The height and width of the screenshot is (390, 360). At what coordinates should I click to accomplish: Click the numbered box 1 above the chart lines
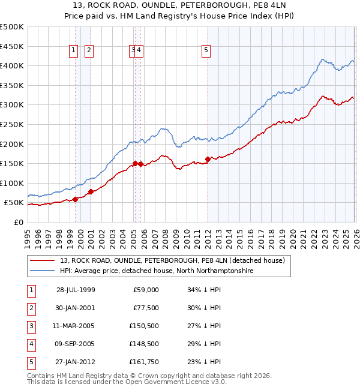click(74, 51)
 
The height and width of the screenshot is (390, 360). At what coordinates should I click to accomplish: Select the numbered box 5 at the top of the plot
click(206, 51)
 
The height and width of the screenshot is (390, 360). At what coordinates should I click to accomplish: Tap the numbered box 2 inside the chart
click(89, 51)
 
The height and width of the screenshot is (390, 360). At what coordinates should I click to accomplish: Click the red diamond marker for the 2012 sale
click(208, 159)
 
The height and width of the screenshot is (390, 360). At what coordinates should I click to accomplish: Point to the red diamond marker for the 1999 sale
click(75, 199)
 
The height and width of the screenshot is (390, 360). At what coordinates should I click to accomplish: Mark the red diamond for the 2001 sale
click(91, 192)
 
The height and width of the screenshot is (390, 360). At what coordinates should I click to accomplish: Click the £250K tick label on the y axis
click(12, 124)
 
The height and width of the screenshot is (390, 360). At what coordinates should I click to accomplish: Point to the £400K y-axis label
click(12, 65)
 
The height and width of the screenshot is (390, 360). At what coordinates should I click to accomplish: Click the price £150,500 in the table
click(144, 325)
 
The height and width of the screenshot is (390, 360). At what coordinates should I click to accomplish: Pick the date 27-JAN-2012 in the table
click(76, 361)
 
